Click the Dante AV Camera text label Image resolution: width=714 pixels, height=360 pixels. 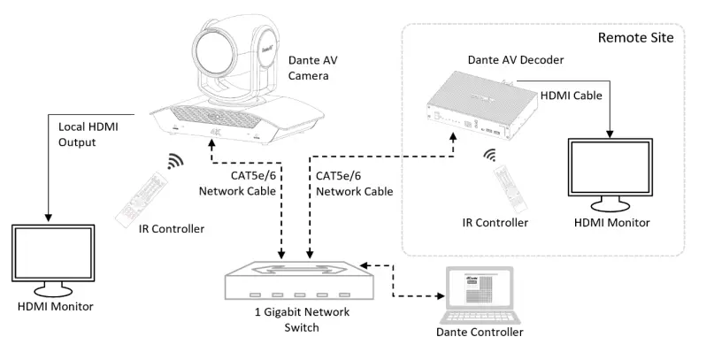[313, 69]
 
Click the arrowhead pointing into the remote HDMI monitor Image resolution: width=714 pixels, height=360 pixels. [610, 134]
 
